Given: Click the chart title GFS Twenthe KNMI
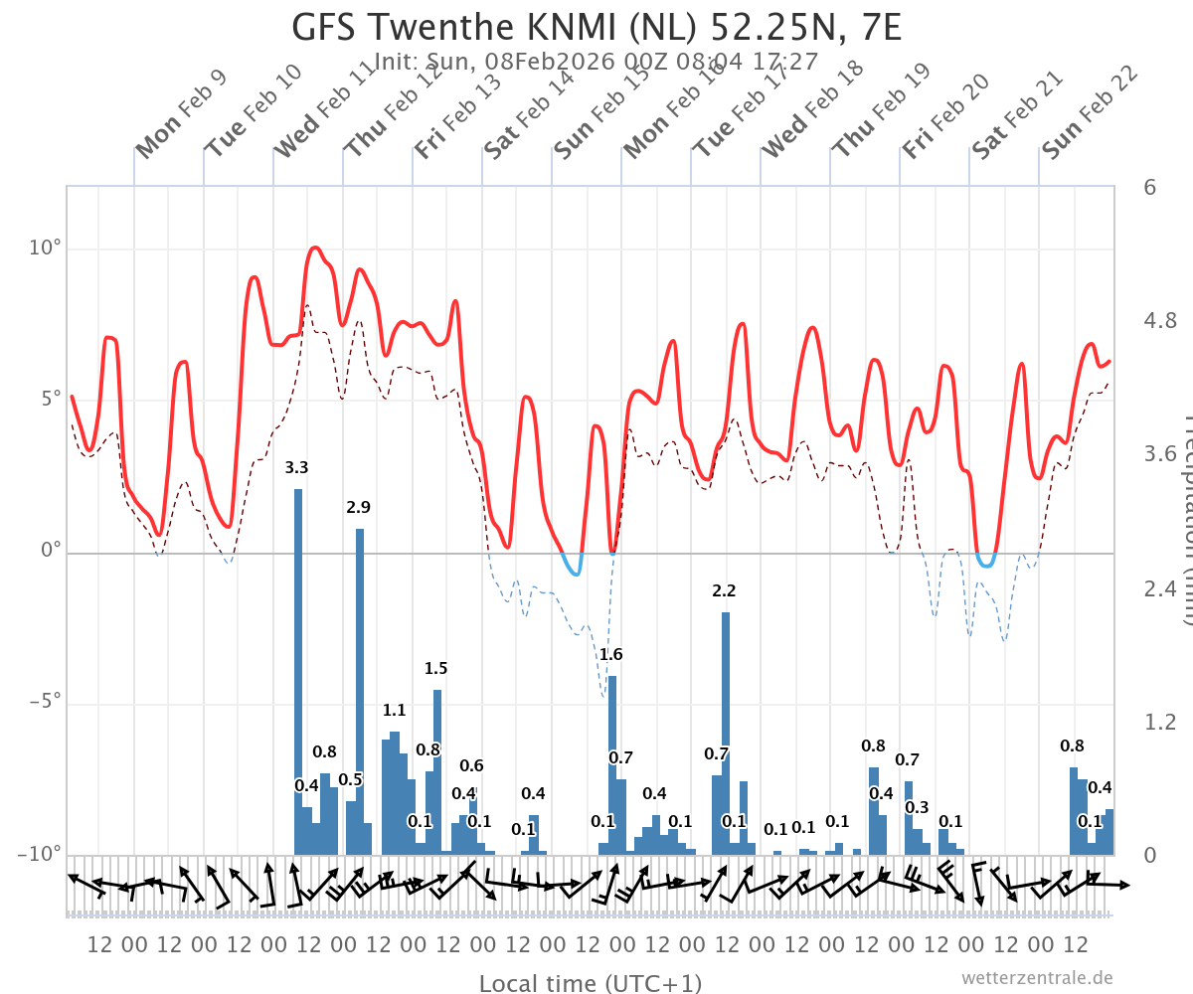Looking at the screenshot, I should click(596, 27).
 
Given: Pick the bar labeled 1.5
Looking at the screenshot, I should click(437, 771).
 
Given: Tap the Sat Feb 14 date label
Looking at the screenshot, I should click(529, 114).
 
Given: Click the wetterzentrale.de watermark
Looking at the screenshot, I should click(1037, 978).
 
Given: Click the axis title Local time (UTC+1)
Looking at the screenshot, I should click(591, 983).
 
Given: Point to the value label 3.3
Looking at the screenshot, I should click(296, 467).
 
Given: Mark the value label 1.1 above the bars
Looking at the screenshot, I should click(394, 710).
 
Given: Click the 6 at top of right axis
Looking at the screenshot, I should click(1149, 187).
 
